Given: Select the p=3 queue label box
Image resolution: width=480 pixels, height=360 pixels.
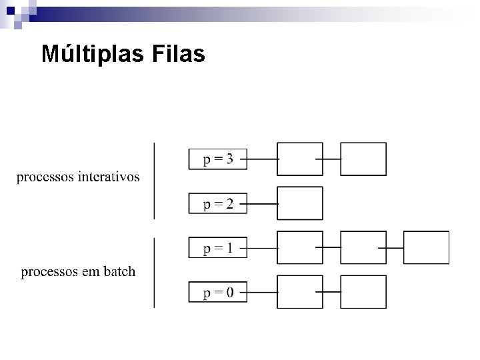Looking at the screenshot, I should (218, 159).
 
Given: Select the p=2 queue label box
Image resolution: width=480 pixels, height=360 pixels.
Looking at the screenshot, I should (218, 203).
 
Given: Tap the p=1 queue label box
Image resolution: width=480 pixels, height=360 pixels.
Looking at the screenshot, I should (218, 248).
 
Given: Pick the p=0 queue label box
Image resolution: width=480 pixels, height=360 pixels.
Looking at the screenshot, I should (218, 292).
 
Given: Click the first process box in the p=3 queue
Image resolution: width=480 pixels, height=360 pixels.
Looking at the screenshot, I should (299, 159).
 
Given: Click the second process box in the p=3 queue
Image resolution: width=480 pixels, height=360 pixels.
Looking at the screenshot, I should (363, 159).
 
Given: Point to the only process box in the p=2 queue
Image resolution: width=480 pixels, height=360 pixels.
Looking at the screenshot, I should (299, 203).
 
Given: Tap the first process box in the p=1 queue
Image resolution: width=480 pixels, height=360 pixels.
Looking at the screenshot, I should (299, 248).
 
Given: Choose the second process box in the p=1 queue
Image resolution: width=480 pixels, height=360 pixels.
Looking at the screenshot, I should (363, 248).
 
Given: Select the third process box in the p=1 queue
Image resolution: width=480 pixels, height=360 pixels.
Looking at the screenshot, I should (427, 248).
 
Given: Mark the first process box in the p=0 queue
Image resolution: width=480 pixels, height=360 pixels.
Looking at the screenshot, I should (299, 292).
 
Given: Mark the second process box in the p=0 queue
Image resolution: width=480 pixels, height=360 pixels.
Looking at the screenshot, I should (363, 292).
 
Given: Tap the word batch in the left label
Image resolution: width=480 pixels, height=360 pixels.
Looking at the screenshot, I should (119, 272).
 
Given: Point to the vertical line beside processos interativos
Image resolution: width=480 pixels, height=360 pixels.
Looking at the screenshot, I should (154, 180).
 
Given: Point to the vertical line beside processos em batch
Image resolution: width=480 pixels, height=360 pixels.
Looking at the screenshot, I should (154, 273).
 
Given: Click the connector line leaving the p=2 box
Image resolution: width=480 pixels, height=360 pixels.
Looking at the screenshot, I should (262, 203).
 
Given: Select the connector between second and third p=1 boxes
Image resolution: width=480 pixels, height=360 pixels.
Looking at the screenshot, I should (391, 248).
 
